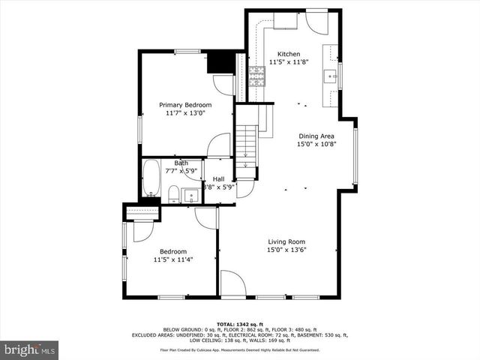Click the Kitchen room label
[x=289, y=54]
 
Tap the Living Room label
[x=287, y=241]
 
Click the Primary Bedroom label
[x=185, y=104]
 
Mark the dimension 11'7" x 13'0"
[x=185, y=112]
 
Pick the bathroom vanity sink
[x=190, y=196]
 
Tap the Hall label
[x=218, y=178]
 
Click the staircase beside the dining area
[x=247, y=142]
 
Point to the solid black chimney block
[x=220, y=61]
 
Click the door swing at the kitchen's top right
[x=315, y=22]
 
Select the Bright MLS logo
[x=29, y=349]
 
